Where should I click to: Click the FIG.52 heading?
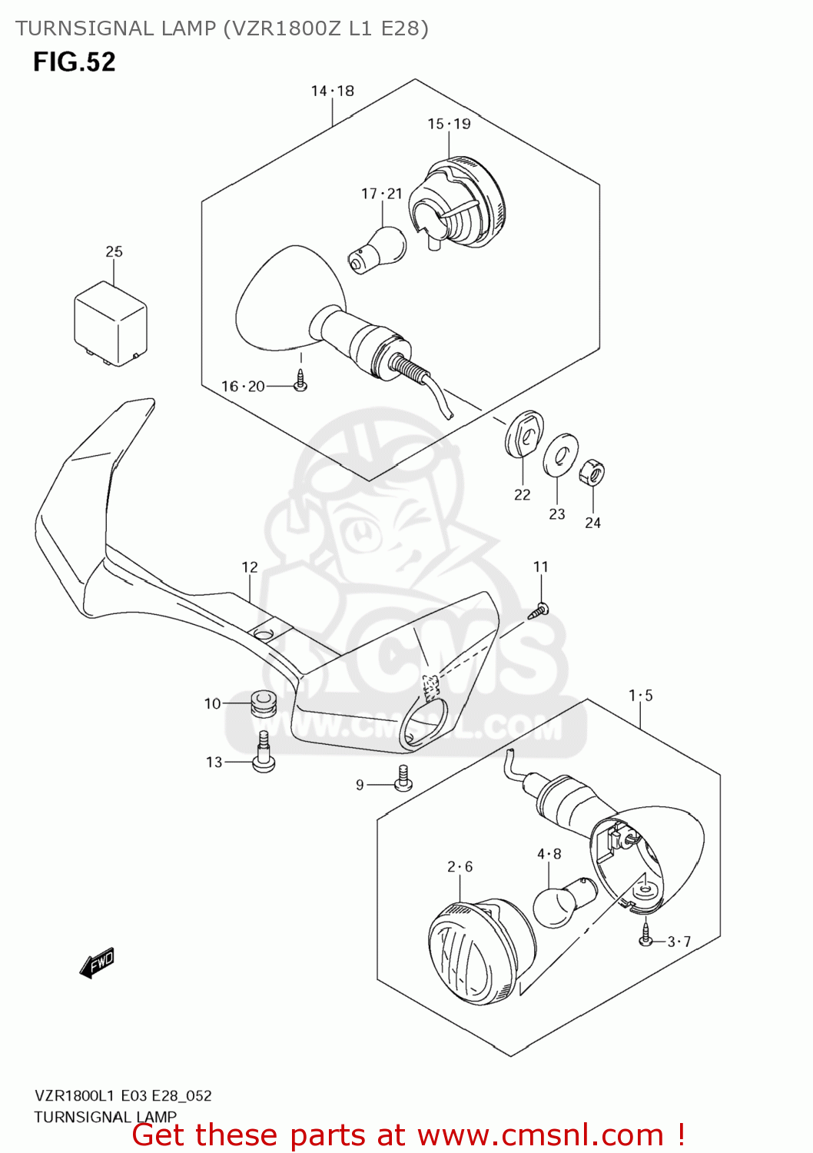(x=74, y=62)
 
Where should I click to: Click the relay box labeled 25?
(x=110, y=323)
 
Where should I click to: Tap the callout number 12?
(x=250, y=567)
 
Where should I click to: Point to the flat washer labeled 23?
(x=561, y=455)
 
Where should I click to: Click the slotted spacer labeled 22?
(x=525, y=435)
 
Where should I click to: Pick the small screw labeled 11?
(x=539, y=611)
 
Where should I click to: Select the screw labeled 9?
(x=403, y=779)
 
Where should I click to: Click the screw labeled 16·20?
(x=300, y=381)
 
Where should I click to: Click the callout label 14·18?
(x=332, y=91)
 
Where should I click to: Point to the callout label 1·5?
(x=640, y=696)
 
